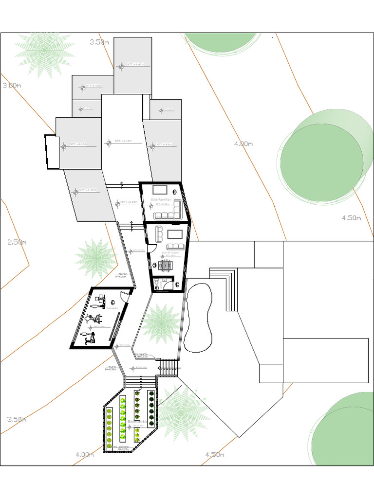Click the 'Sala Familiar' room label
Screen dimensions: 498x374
coord(161,199)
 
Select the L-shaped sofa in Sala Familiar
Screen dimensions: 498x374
coord(168,211)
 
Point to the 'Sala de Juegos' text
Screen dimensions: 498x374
coord(170,252)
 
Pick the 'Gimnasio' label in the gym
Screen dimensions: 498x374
coord(113,308)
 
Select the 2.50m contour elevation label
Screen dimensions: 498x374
coord(17,242)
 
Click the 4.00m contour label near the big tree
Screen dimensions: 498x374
coord(243,143)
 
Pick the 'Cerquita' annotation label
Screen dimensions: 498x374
coord(141,354)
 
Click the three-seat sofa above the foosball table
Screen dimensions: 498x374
coord(159,233)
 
